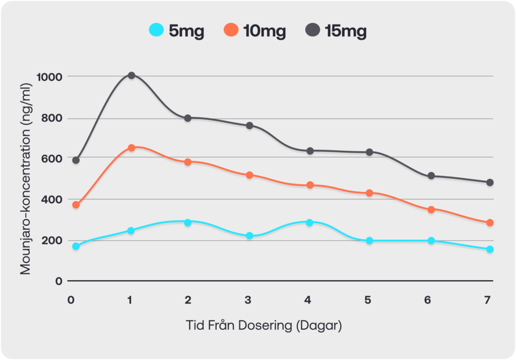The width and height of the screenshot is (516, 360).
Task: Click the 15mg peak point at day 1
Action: pyautogui.click(x=132, y=76)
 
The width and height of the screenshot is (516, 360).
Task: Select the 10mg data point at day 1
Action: pyautogui.click(x=132, y=148)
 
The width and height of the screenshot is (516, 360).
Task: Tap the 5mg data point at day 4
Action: pyautogui.click(x=309, y=223)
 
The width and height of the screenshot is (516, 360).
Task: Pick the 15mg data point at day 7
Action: pyautogui.click(x=490, y=183)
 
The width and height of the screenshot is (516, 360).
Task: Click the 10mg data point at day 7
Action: pyautogui.click(x=490, y=223)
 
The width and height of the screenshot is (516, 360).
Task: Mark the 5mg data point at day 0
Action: pyautogui.click(x=76, y=246)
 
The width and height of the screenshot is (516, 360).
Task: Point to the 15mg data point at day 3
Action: pyautogui.click(x=249, y=126)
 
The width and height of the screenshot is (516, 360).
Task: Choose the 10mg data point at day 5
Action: pyautogui.click(x=369, y=193)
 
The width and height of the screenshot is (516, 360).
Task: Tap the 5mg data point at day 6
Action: pyautogui.click(x=431, y=241)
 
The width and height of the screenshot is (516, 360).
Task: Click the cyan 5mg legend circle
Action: pyautogui.click(x=156, y=30)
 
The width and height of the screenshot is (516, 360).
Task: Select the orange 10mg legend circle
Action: pyautogui.click(x=231, y=30)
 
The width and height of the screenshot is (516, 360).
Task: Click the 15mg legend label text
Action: pyautogui.click(x=346, y=31)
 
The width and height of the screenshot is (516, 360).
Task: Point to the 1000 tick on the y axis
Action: pyautogui.click(x=49, y=77)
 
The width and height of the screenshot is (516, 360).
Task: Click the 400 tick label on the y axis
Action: pyautogui.click(x=52, y=199)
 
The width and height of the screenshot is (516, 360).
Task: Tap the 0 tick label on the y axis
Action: pyautogui.click(x=59, y=281)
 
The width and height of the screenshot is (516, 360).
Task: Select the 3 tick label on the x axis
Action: pyautogui.click(x=248, y=299)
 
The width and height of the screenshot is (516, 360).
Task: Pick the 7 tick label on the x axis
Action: pyautogui.click(x=487, y=299)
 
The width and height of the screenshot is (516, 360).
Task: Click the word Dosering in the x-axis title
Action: pyautogui.click(x=265, y=325)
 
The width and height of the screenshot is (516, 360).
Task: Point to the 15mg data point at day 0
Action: pyautogui.click(x=76, y=160)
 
